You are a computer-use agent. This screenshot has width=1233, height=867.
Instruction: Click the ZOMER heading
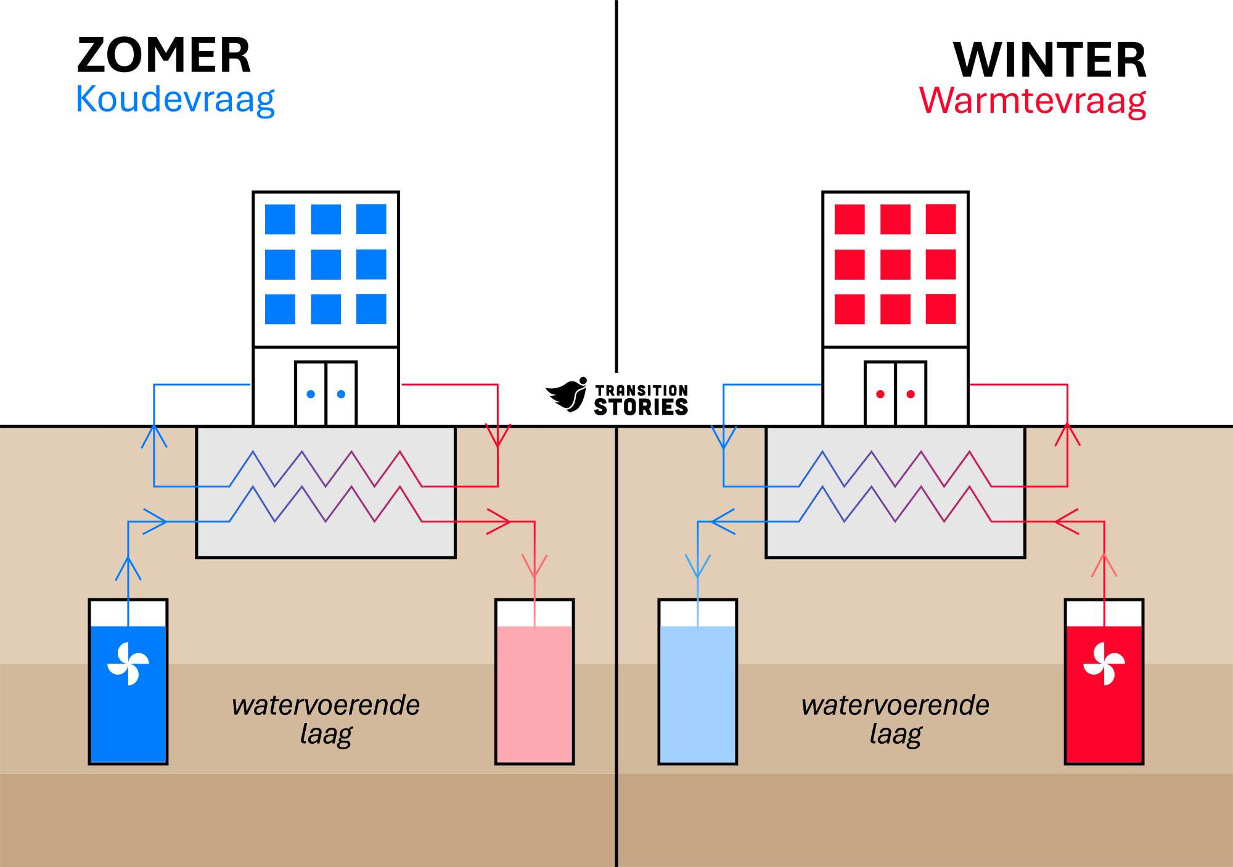coord(164,55)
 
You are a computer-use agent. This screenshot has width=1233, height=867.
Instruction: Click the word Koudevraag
coord(175,99)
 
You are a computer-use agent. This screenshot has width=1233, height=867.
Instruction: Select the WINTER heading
coord(1049,60)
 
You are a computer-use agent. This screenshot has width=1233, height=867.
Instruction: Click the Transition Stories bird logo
coord(567,394)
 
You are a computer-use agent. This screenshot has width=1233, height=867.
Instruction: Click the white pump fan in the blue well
coord(128,664)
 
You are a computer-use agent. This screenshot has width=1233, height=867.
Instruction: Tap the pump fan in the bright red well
coord(1104,664)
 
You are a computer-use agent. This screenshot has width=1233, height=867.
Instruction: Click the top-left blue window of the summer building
coord(280,219)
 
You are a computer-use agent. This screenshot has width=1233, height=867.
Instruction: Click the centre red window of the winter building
coord(895,264)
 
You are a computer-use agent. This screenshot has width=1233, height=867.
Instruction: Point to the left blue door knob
coord(311,394)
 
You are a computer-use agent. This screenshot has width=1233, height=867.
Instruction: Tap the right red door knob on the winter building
coord(911,394)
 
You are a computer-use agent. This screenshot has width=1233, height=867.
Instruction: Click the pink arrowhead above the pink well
coord(535,566)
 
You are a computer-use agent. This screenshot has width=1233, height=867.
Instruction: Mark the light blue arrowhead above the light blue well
coord(698,566)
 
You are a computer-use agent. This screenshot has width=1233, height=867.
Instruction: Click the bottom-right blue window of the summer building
coord(371,309)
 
